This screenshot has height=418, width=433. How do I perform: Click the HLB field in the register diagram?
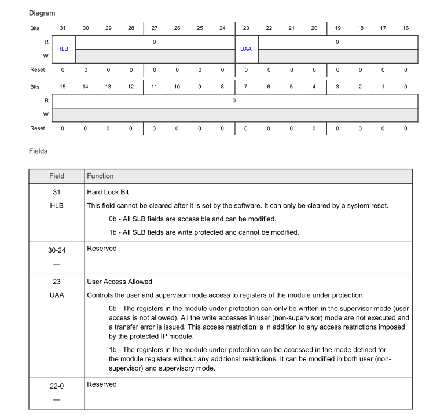tap(63, 49)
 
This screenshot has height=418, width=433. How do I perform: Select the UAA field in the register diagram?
tap(245, 49)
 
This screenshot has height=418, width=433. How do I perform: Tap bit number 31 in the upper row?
tap(63, 28)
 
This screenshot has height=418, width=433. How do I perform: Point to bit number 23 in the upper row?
tap(245, 28)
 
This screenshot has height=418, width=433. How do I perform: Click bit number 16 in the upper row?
tap(405, 28)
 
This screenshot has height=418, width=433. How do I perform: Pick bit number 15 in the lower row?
tap(63, 86)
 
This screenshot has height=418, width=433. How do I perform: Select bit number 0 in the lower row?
tap(405, 86)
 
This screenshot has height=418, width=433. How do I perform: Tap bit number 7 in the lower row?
tap(245, 86)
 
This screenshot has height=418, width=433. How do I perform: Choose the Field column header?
tap(56, 176)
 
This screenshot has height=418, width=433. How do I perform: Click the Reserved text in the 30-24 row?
tap(101, 248)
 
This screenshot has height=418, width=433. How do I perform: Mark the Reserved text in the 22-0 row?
tap(101, 384)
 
